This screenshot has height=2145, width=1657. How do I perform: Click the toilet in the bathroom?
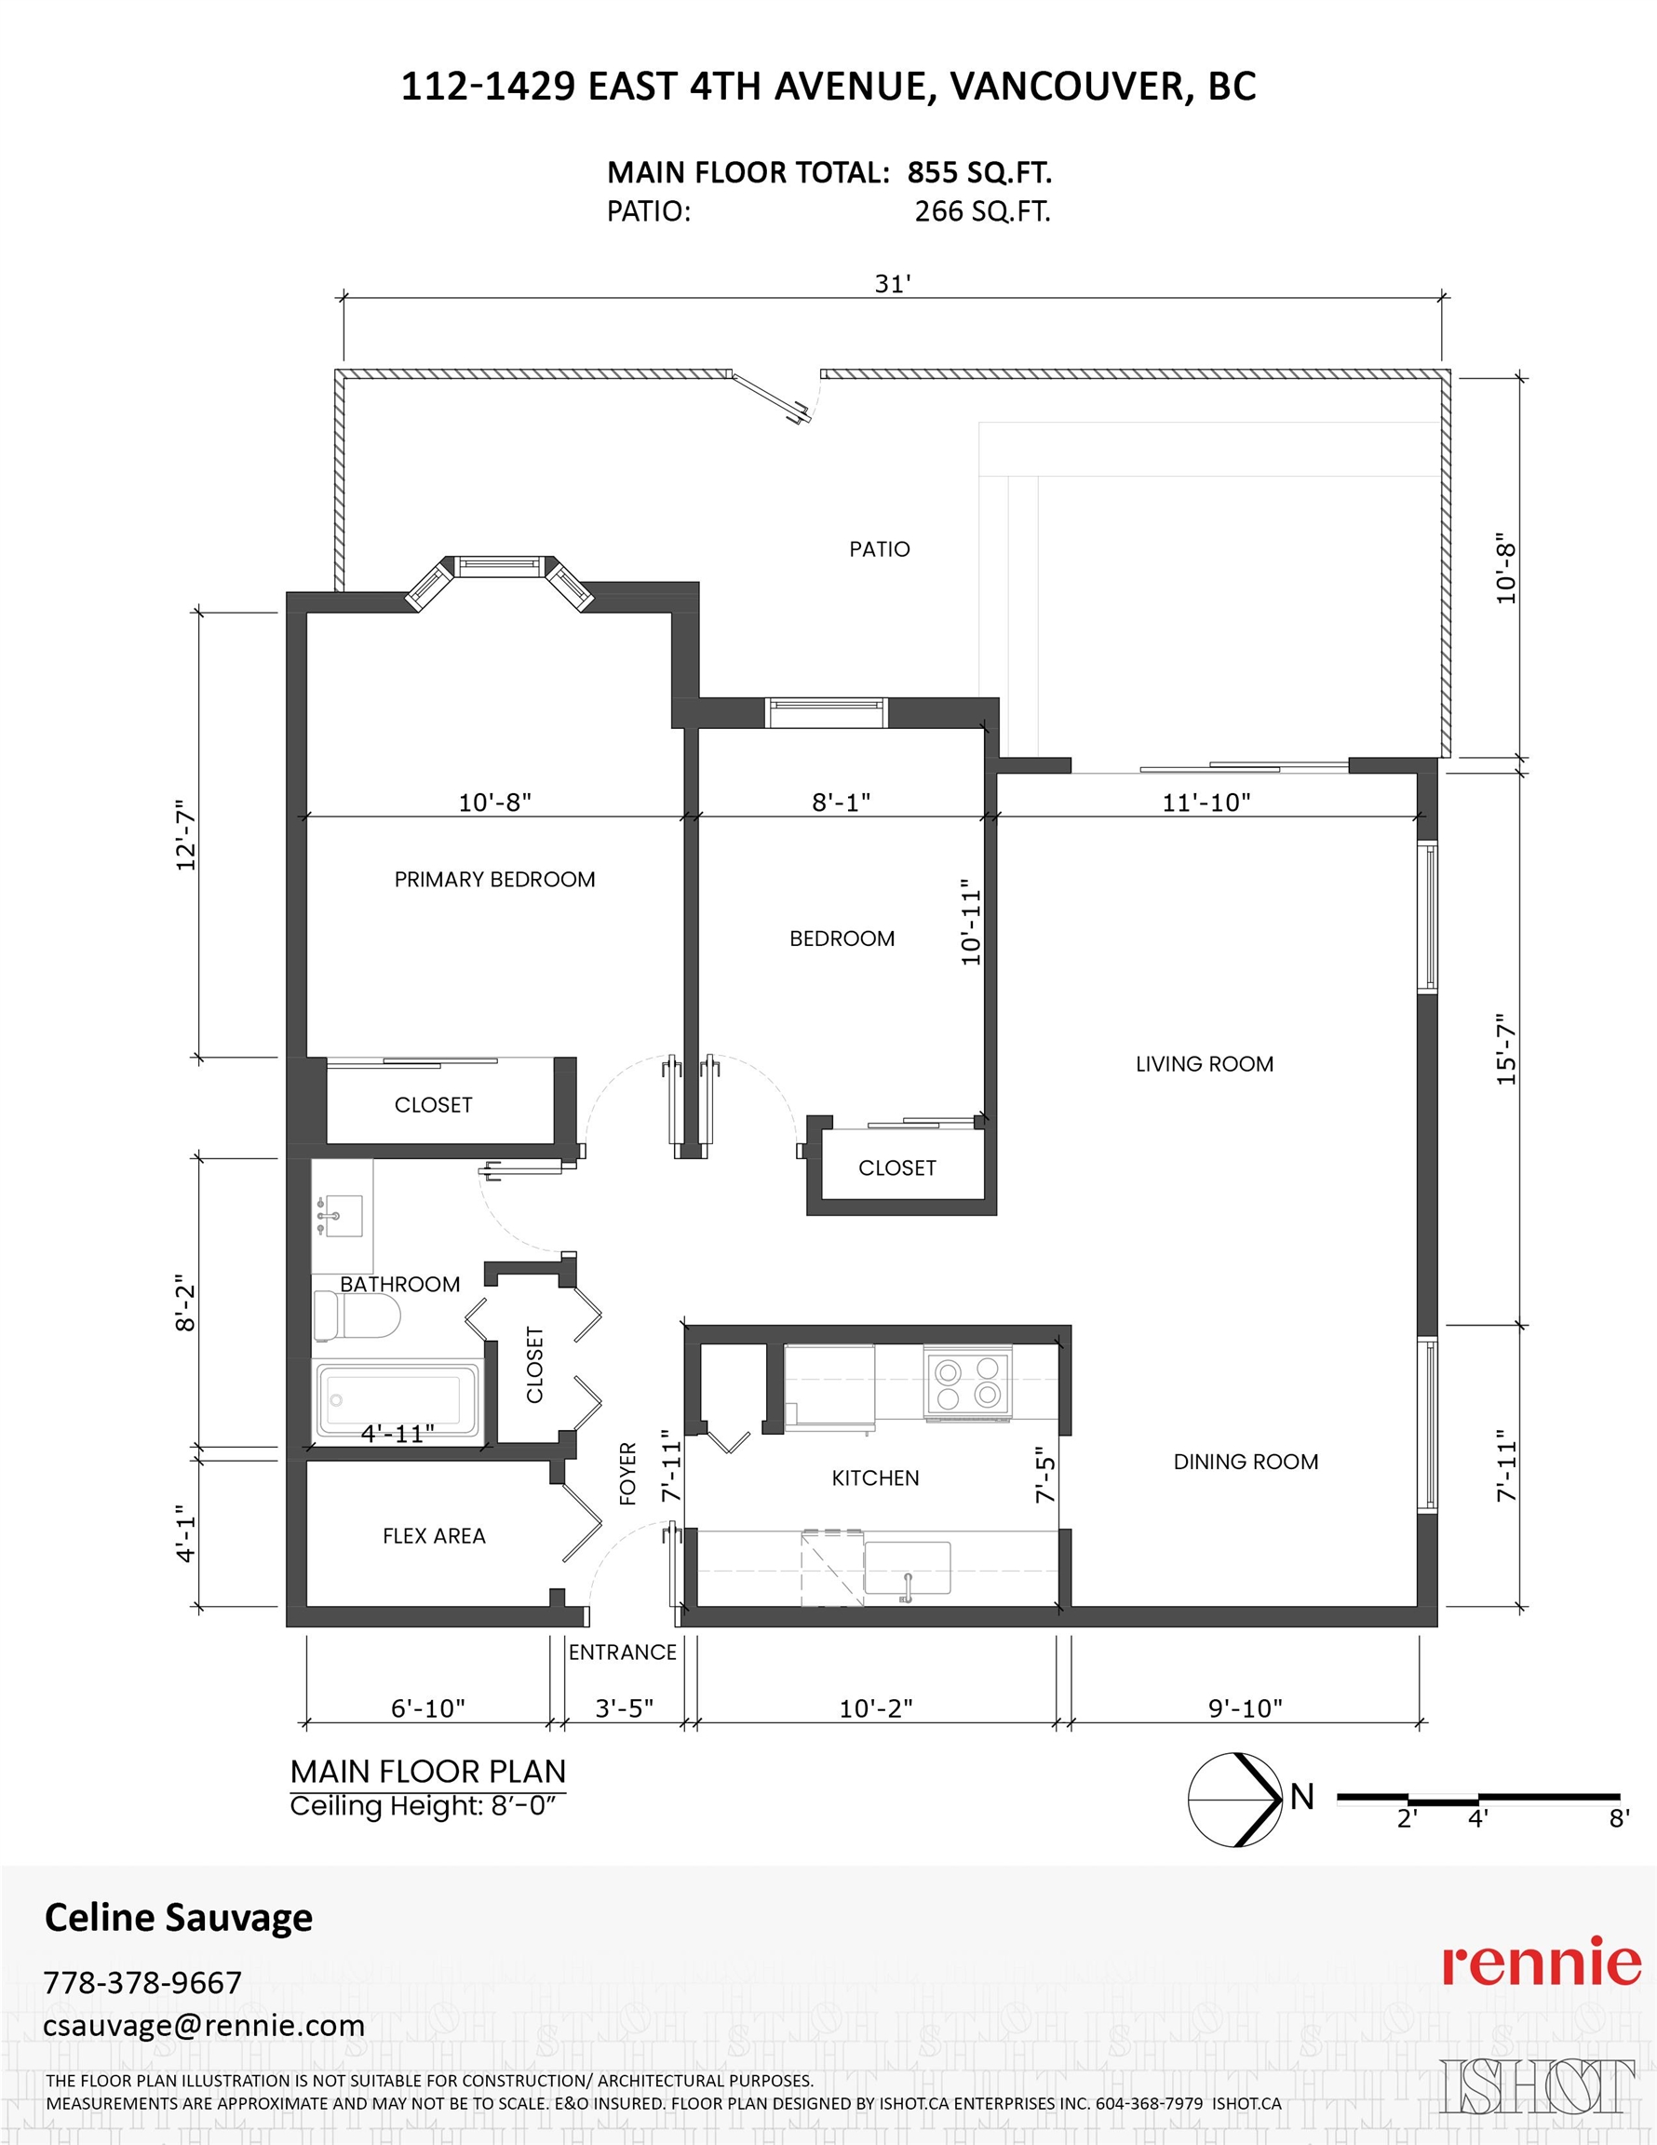point(357,1315)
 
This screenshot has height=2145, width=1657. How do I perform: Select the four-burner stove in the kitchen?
point(967,1383)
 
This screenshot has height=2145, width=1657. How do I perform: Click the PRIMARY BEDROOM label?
point(495,879)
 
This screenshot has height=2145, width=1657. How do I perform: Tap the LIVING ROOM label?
point(1205,1064)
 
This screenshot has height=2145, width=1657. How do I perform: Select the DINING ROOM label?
point(1246,1462)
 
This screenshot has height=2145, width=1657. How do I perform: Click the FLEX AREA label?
point(434,1536)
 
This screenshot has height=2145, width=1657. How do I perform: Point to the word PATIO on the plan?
point(879,549)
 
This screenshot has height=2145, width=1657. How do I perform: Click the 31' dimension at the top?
point(893,284)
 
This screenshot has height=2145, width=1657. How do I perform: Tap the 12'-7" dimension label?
point(185,835)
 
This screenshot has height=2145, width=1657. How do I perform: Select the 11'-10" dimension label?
point(1206,803)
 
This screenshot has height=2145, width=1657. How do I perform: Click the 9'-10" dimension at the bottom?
point(1246,1708)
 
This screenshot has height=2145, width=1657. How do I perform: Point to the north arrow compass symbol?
point(1235,1800)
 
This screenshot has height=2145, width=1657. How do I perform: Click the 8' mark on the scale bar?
point(1619,1819)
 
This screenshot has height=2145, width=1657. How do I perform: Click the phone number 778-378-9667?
point(142,1983)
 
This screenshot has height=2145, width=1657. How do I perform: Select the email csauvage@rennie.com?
point(203,2025)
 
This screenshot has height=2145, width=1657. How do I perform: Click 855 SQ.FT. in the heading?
point(979,173)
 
